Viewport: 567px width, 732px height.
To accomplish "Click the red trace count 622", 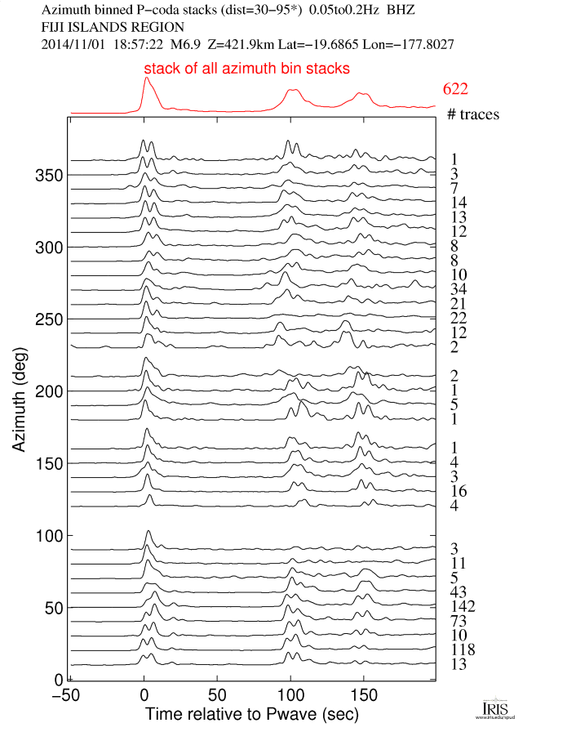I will point(455,89).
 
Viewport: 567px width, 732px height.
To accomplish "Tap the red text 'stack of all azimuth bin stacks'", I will point(246,69).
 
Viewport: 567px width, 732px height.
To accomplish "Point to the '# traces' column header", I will point(473,114).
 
